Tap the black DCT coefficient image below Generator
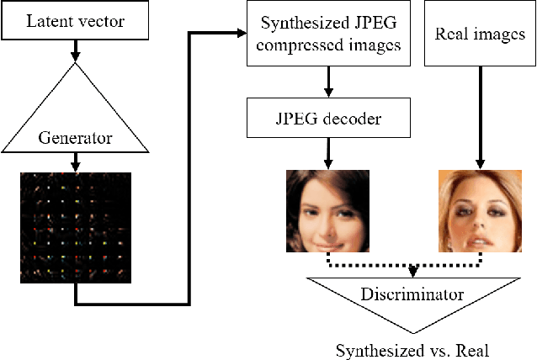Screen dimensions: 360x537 click(75, 227)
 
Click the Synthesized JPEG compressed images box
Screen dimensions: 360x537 click(329, 34)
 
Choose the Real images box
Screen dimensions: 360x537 click(481, 34)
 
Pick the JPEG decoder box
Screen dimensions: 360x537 click(329, 119)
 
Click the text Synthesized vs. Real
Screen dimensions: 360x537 click(413, 348)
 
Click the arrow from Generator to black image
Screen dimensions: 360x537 click(75, 162)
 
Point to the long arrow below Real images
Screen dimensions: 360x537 click(481, 118)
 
